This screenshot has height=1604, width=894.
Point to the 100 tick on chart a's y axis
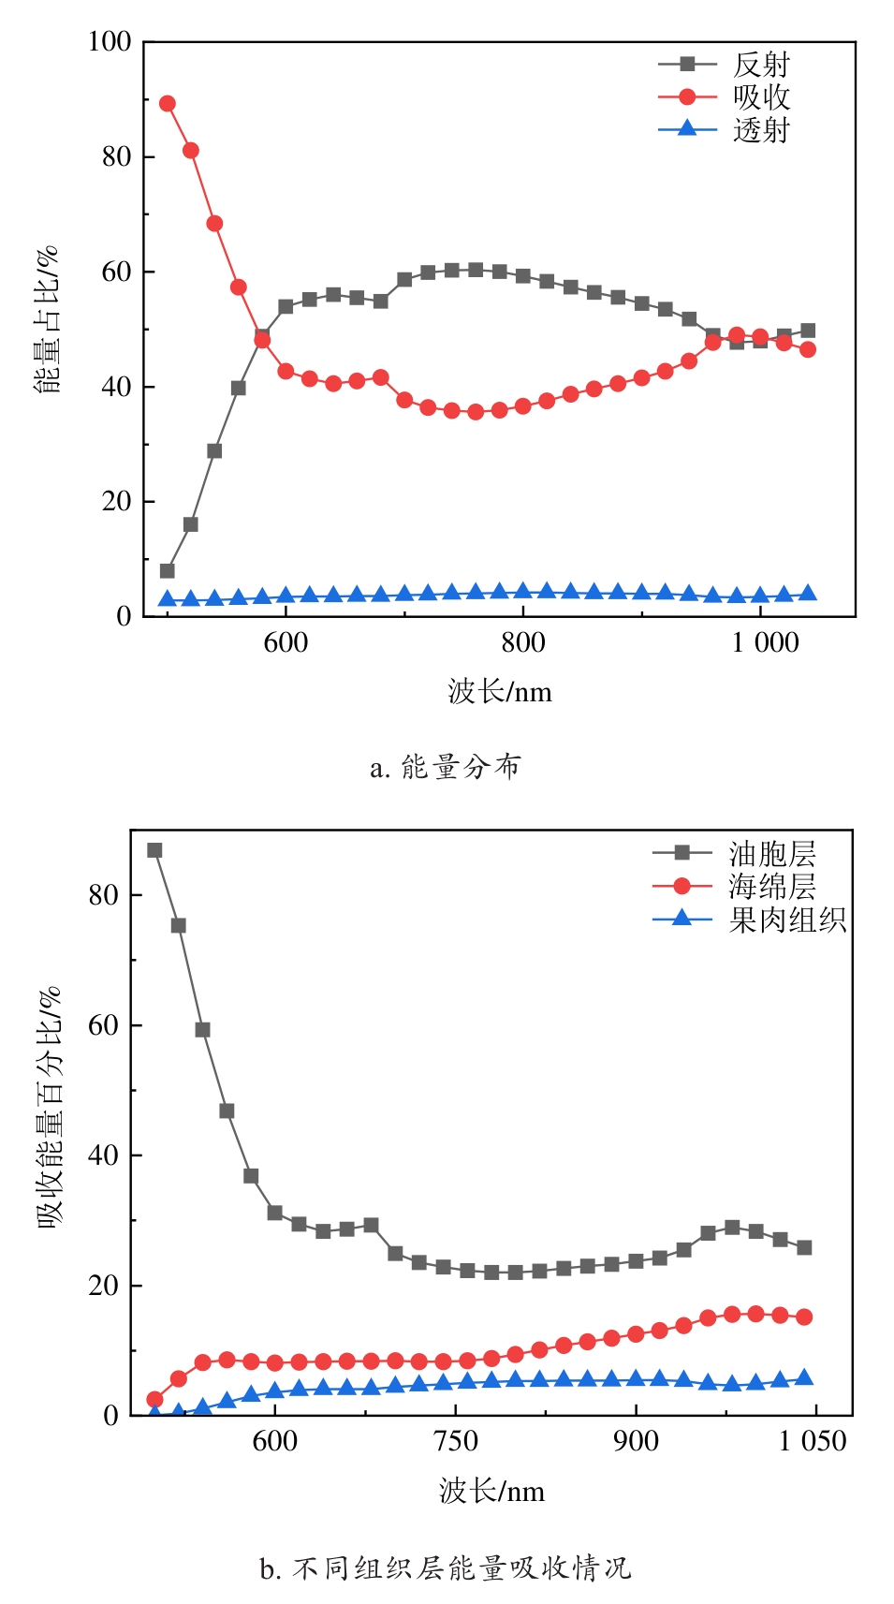110,42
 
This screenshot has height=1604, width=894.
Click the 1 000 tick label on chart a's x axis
765,642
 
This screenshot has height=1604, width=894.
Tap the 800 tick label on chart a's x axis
522,642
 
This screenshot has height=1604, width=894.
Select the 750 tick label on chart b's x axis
456,1441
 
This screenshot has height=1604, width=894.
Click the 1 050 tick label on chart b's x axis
812,1441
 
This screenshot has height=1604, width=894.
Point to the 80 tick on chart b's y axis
103,895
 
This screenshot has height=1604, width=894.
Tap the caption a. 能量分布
446,768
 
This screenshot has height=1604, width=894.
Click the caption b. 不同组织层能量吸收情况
446,1567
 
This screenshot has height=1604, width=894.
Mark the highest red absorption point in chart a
167,103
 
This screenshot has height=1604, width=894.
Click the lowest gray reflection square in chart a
167,570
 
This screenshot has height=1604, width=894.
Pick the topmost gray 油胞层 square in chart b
154,850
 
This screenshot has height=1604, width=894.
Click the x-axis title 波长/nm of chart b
491,1491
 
